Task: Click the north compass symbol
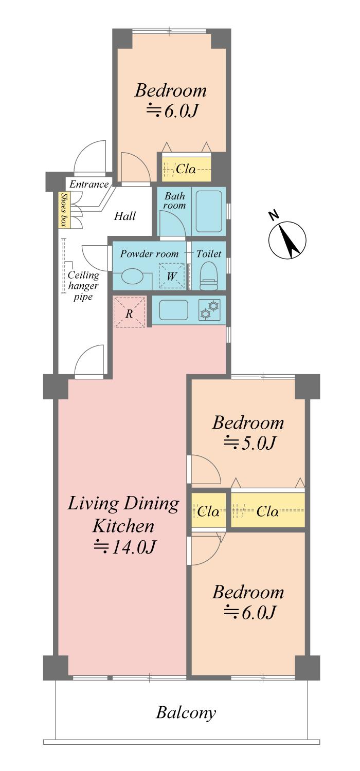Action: tap(287, 239)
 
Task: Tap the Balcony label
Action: tap(186, 713)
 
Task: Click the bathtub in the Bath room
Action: tap(209, 211)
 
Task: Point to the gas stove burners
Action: tap(209, 309)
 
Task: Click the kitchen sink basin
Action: tap(174, 310)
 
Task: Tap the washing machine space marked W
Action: tap(172, 276)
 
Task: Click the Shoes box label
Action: tap(64, 210)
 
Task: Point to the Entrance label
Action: tap(89, 185)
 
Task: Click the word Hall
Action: tap(124, 216)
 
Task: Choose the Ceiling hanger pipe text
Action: tap(83, 286)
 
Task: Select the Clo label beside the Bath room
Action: tap(186, 169)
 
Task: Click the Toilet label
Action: tap(209, 254)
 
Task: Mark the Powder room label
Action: tap(149, 254)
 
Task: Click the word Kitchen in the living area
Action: tap(123, 526)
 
